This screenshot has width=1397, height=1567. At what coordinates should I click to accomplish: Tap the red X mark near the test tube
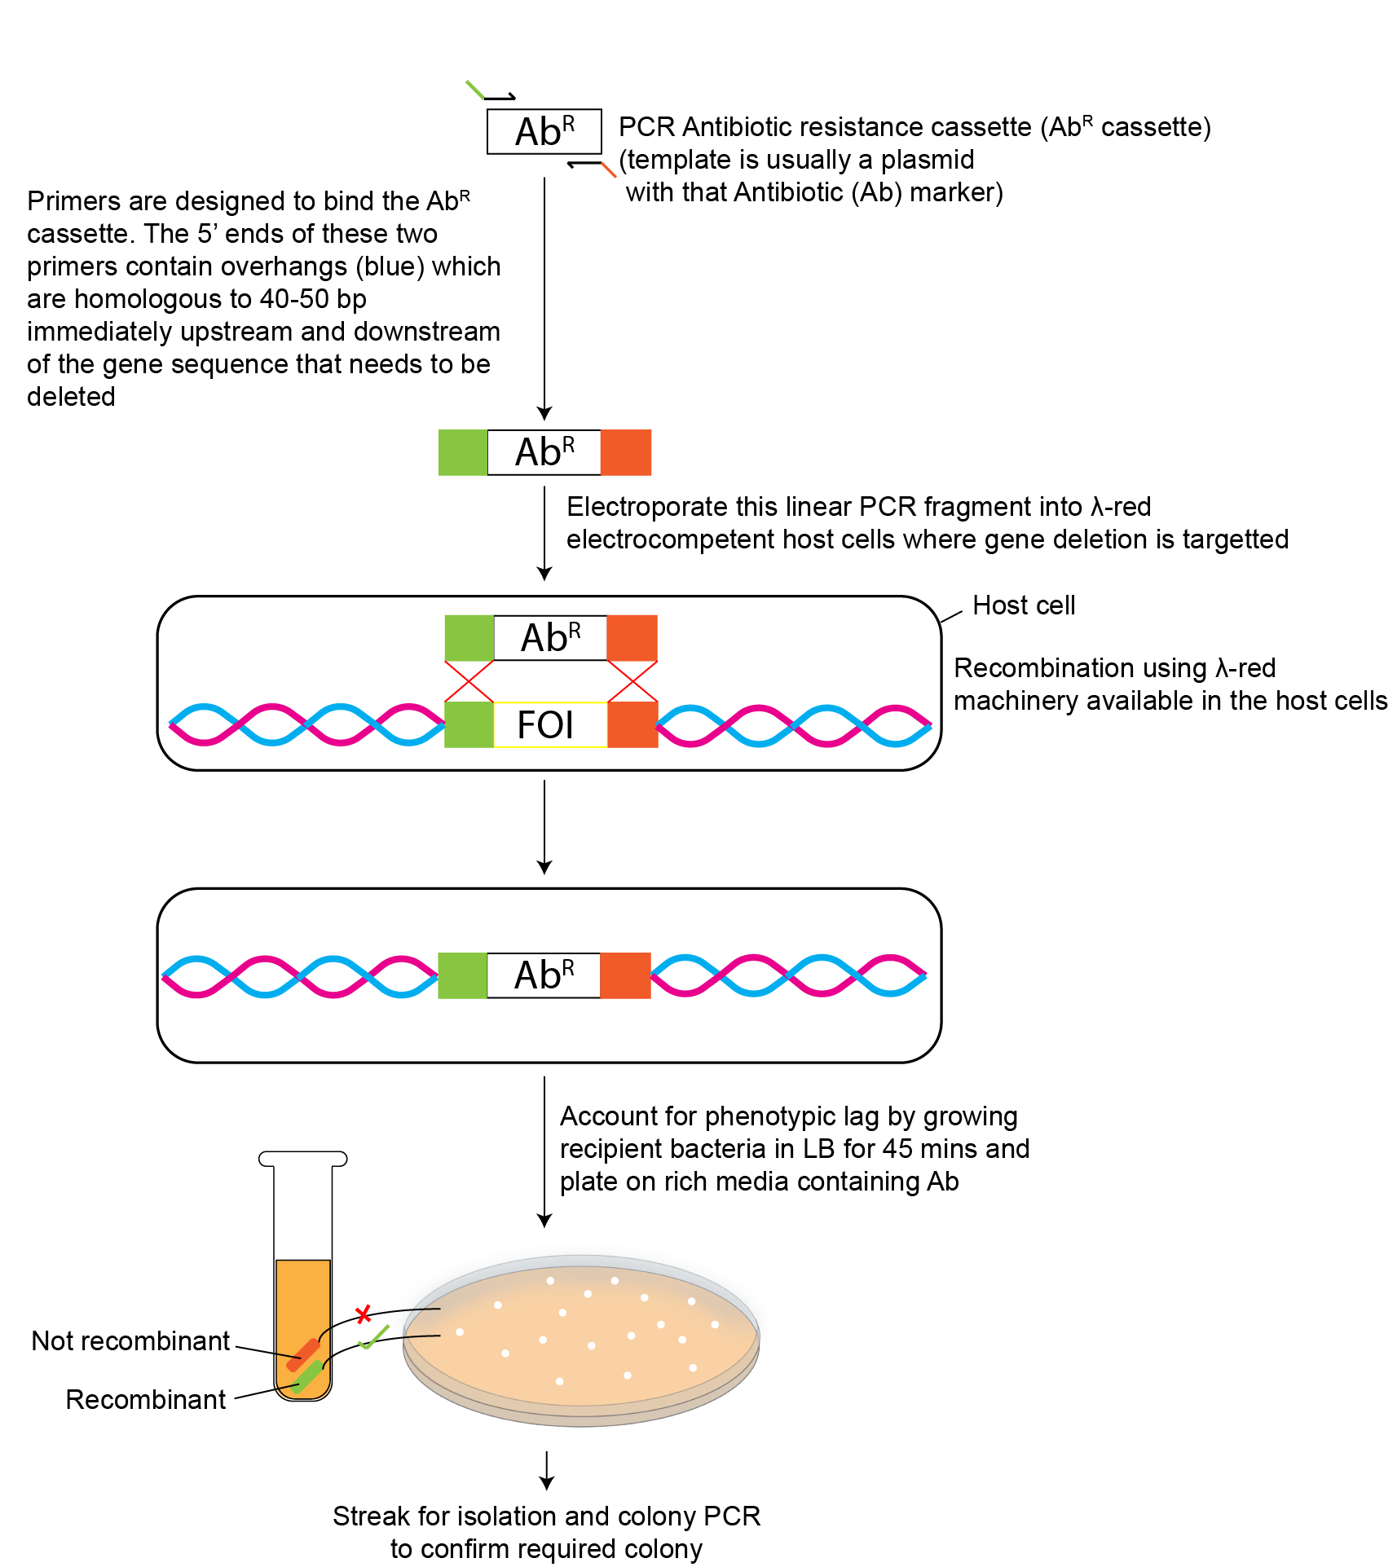point(364,1314)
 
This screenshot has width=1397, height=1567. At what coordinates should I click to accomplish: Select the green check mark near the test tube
point(373,1337)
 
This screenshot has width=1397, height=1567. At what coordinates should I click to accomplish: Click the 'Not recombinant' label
point(130,1340)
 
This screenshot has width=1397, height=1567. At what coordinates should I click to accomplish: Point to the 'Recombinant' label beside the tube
point(145,1399)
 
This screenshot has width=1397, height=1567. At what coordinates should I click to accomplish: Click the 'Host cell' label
point(1024,605)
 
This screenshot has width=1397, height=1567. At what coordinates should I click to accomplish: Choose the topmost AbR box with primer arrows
point(544,131)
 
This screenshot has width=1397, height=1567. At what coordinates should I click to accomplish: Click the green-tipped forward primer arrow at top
point(489,92)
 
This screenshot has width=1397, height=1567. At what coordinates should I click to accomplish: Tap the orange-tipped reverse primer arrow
point(592,166)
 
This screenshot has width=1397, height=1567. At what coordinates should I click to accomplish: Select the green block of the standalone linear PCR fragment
point(463,452)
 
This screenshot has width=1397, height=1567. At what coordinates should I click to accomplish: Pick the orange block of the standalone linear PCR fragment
point(626,452)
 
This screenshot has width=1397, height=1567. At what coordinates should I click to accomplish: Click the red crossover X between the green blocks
point(469,681)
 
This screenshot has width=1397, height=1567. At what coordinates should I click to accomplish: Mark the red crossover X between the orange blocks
point(632,681)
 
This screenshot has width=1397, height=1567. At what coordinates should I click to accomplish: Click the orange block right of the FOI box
point(632,724)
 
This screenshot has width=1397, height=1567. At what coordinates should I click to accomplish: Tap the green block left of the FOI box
point(469,724)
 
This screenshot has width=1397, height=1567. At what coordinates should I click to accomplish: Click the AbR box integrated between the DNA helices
point(544,975)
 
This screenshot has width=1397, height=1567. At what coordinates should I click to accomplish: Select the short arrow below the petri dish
point(547,1471)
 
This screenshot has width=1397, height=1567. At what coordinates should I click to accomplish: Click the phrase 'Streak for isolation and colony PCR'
point(546,1516)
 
